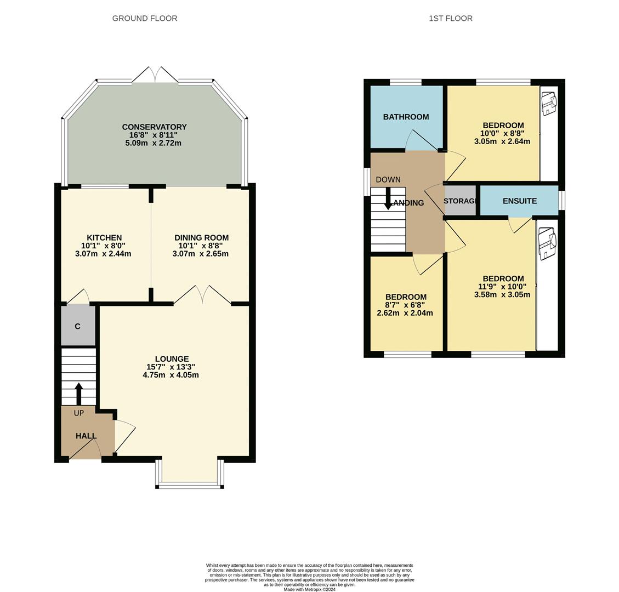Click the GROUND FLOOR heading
(145, 18)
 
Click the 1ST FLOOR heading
(450, 18)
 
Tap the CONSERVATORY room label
(154, 127)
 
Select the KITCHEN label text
(104, 238)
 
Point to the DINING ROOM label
(201, 238)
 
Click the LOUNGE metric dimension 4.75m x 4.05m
(171, 375)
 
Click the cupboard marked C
(78, 326)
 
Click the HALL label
(86, 436)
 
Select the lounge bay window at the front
(190, 485)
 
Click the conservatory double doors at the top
(155, 75)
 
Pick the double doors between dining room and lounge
(202, 294)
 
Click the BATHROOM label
(406, 117)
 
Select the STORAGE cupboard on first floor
(459, 201)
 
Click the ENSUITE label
(519, 201)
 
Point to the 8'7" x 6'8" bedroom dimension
(405, 305)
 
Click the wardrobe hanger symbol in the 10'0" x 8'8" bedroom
(549, 104)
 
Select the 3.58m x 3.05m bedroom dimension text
(502, 294)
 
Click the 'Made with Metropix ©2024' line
(309, 589)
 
